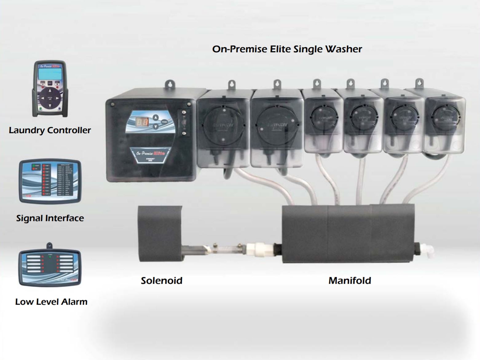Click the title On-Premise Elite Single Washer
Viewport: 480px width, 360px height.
(x=287, y=49)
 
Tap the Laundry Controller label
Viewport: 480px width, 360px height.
(x=50, y=130)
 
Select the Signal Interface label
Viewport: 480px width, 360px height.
(x=50, y=218)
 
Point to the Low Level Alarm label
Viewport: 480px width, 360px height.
(x=51, y=302)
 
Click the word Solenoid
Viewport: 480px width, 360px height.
(x=161, y=280)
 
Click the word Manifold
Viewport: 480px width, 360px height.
(x=349, y=280)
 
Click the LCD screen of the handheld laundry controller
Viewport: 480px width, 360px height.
(x=49, y=74)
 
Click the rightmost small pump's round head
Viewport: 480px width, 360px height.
(x=443, y=117)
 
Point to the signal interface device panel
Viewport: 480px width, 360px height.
(x=50, y=181)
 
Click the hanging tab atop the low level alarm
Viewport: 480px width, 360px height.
(x=49, y=246)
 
